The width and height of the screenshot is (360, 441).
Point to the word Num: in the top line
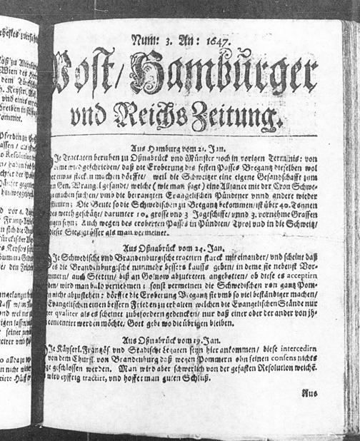click(149, 42)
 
